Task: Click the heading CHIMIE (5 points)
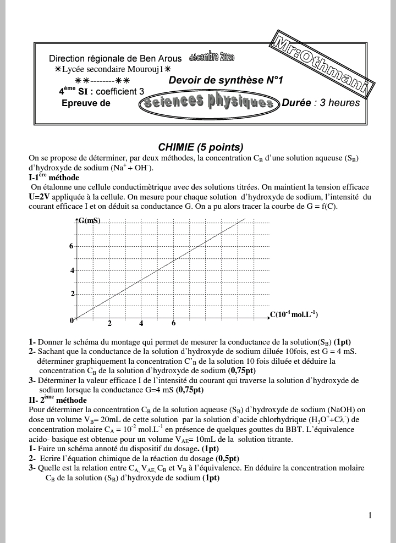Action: click(200, 147)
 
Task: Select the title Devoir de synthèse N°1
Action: click(226, 80)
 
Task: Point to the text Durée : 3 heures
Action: click(321, 103)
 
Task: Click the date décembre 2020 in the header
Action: click(212, 57)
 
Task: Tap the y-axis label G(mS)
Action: click(89, 221)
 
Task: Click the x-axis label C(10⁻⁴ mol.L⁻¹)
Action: click(294, 315)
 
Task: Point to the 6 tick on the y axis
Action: click(71, 246)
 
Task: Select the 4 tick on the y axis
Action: click(71, 270)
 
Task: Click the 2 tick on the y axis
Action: click(71, 294)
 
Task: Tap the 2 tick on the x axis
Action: click(109, 324)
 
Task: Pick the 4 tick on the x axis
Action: click(141, 324)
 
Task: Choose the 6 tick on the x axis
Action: click(174, 323)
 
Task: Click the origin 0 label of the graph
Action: click(71, 320)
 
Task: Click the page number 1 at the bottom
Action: click(370, 515)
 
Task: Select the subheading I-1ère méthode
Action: click(54, 178)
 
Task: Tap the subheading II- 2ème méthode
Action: click(57, 400)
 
